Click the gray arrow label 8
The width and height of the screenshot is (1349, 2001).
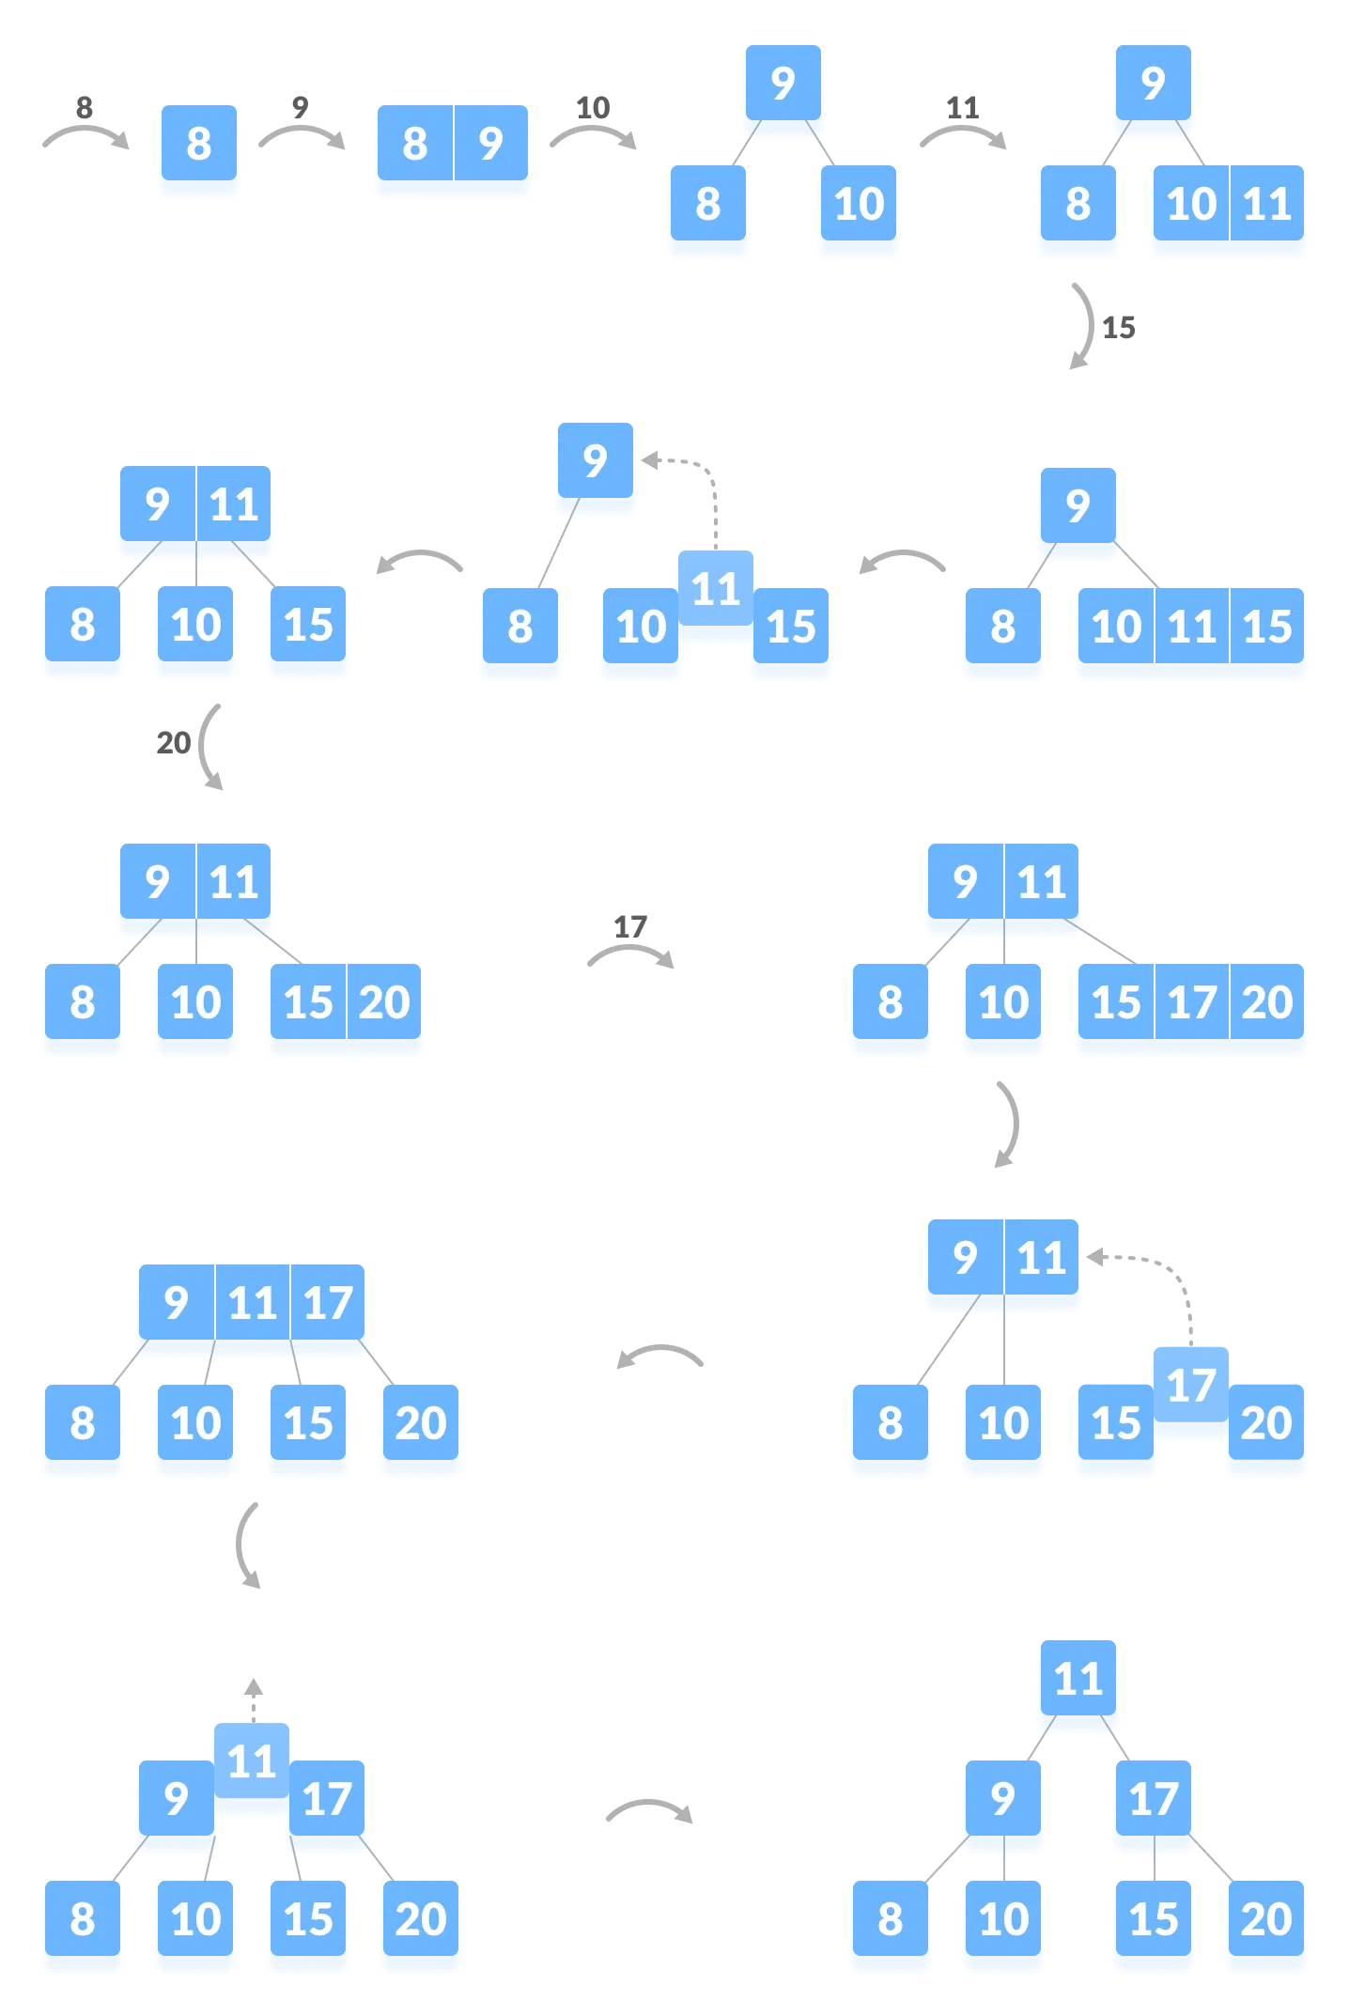click(84, 107)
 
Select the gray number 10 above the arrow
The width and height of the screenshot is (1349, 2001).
click(593, 107)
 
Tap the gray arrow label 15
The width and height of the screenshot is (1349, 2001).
click(1118, 328)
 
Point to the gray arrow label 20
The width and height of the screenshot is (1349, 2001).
click(173, 743)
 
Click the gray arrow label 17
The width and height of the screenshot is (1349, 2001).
click(629, 927)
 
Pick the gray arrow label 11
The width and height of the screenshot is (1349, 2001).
click(963, 107)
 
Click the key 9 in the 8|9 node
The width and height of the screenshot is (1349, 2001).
click(490, 145)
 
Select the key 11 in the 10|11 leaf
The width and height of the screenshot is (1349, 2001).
click(1266, 205)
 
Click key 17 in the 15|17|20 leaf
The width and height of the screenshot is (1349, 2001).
click(1191, 1003)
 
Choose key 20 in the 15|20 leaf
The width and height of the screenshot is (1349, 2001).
click(384, 1003)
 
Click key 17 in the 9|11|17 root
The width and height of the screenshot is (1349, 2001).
click(328, 1304)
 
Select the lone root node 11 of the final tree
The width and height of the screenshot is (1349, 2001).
click(1078, 1680)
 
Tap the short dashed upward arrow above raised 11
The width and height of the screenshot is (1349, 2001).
click(253, 1699)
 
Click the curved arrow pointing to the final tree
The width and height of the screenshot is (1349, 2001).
click(649, 1809)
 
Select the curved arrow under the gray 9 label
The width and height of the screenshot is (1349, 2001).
click(302, 136)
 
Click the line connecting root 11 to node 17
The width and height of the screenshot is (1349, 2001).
click(1116, 1739)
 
